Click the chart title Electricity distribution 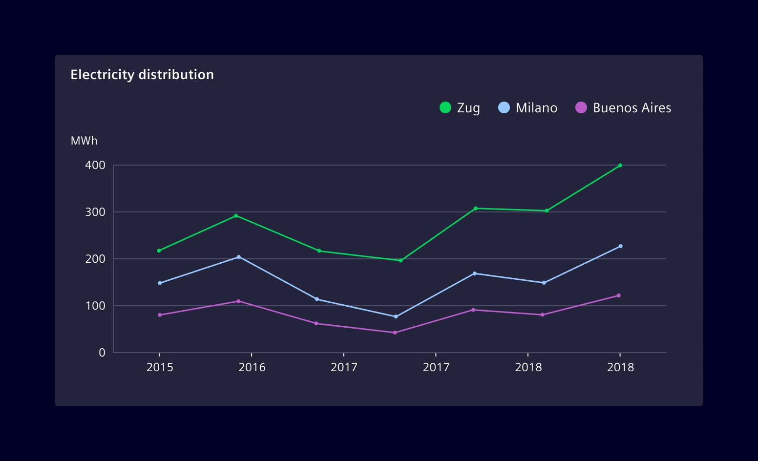[142, 75]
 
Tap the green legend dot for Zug [445, 107]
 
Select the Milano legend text [536, 108]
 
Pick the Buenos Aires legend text [632, 108]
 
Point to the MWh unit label [84, 141]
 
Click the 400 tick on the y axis [95, 165]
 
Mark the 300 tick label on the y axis [95, 212]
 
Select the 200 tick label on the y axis [95, 259]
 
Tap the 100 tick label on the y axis [95, 306]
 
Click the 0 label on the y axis [102, 353]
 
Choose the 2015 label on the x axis [160, 367]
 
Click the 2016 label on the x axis [252, 367]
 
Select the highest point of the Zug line [620, 166]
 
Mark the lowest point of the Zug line [400, 260]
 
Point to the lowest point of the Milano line [396, 316]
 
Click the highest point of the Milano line [620, 246]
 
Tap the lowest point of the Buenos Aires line [395, 333]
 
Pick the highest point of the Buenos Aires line [618, 295]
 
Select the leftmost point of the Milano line [160, 283]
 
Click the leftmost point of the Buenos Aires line [160, 315]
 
